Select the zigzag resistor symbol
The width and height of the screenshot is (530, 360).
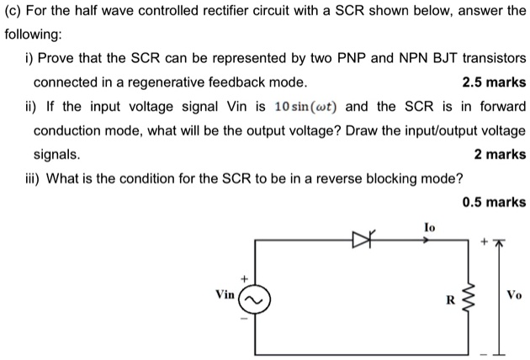pos(469,297)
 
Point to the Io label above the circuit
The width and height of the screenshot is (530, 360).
pos(429,227)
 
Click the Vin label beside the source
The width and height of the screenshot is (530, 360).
pos(225,294)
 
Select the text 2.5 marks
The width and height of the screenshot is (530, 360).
pos(495,82)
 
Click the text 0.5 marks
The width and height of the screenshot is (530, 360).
pos(495,202)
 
